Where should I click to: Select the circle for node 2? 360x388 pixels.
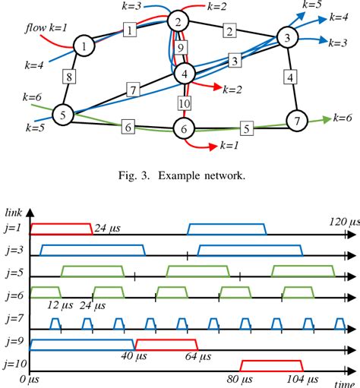(178, 22)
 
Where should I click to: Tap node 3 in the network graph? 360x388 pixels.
(286, 37)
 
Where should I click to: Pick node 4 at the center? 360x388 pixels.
(185, 73)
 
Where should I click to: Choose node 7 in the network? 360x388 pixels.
(296, 120)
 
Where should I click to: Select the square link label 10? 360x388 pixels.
(183, 101)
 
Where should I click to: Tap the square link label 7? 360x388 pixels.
(132, 91)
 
